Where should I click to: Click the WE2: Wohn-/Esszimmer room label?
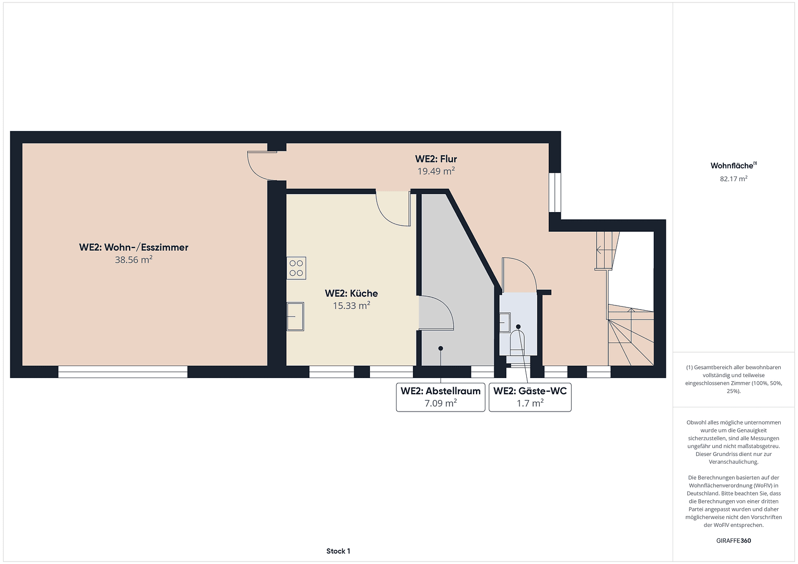click(134, 247)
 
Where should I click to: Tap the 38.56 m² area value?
click(134, 260)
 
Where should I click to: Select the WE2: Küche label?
click(351, 293)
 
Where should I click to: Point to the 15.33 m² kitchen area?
click(351, 305)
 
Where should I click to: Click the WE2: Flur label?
click(436, 159)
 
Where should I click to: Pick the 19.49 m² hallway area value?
click(436, 171)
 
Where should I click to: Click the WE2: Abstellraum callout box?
click(441, 397)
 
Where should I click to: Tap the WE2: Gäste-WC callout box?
click(530, 397)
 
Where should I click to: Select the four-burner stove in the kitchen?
click(296, 268)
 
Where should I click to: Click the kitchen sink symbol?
click(295, 316)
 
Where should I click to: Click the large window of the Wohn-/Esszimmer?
click(123, 371)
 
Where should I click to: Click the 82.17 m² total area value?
click(733, 179)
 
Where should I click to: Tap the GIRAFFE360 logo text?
click(733, 540)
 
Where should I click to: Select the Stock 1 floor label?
click(338, 551)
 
